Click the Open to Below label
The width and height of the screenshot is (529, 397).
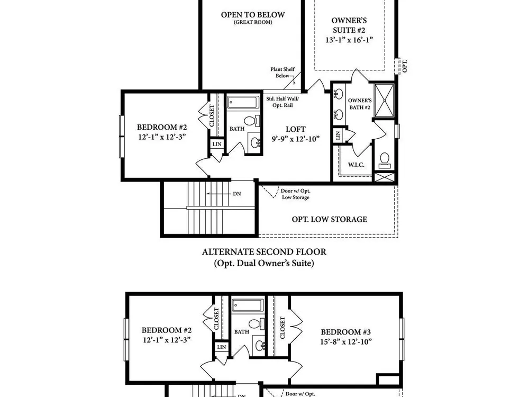(253, 15)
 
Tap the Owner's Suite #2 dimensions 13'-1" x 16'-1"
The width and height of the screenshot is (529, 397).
(349, 40)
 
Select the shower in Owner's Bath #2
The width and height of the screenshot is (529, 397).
(384, 101)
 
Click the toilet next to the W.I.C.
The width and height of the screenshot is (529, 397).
(385, 160)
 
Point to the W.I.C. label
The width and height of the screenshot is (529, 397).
(356, 165)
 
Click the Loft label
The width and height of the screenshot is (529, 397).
(296, 129)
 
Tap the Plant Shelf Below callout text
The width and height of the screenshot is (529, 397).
(282, 73)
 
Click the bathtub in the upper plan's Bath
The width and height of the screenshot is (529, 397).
(243, 102)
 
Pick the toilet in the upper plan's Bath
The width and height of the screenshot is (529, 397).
(252, 121)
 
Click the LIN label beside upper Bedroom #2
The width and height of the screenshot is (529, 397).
(217, 144)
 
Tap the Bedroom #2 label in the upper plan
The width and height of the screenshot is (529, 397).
(162, 127)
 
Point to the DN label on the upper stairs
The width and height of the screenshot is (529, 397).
(237, 194)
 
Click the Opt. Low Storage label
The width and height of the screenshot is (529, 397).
(329, 220)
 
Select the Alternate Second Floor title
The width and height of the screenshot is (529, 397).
(264, 252)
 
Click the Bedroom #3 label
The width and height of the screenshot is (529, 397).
(346, 332)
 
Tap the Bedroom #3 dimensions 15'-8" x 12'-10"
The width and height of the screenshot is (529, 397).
(346, 341)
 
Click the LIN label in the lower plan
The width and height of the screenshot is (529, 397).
(222, 347)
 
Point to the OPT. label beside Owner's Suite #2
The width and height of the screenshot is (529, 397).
(405, 66)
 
